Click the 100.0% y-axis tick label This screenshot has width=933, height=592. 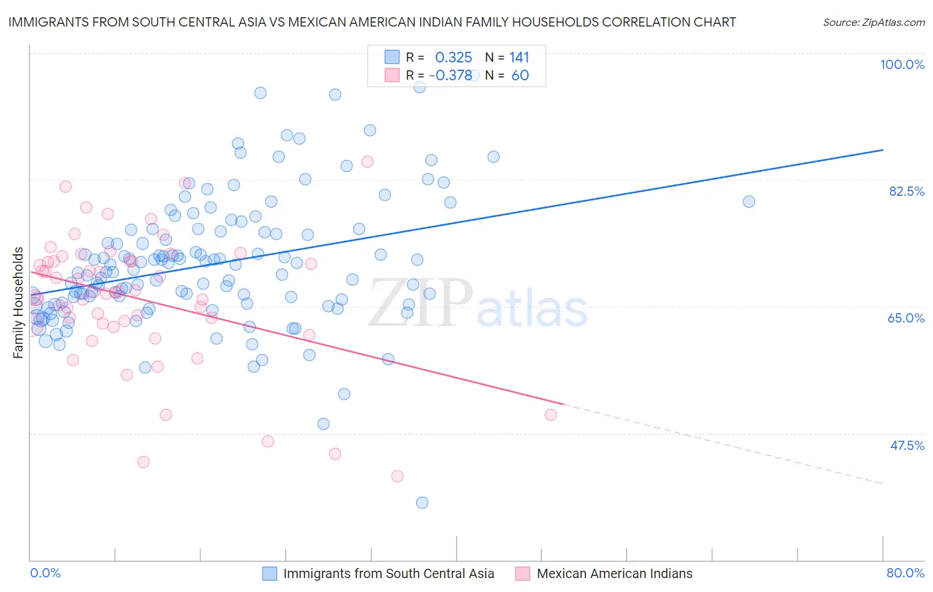902,64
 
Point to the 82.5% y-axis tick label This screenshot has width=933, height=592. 906,191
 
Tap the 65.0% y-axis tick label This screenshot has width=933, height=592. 906,318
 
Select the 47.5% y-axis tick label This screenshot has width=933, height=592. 906,445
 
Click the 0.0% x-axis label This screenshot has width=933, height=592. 45,573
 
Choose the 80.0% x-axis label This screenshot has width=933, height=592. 905,573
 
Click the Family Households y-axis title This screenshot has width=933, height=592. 19,303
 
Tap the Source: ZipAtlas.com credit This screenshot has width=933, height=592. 873,22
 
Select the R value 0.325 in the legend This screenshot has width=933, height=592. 453,57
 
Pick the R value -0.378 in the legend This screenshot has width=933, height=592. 451,75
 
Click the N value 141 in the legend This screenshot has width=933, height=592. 519,57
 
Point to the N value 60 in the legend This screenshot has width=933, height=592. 520,75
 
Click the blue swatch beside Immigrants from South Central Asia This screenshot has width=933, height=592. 269,573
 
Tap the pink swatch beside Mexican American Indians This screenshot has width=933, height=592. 523,573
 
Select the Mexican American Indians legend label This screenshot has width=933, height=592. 614,573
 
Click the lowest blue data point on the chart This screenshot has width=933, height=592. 422,502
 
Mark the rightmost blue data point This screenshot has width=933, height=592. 749,202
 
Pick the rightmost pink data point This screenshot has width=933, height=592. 550,415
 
